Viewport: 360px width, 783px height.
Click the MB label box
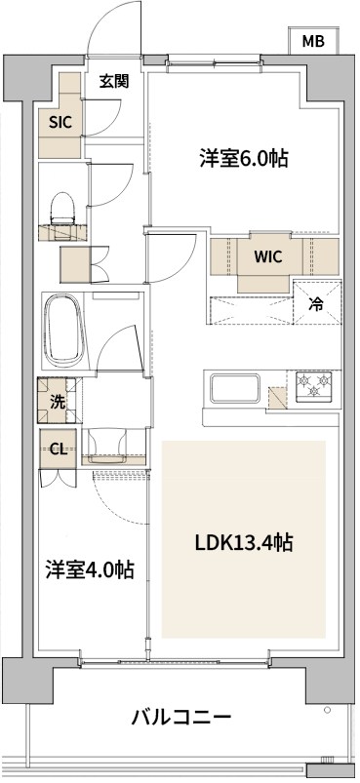click(x=313, y=41)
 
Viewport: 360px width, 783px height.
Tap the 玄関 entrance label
click(x=114, y=82)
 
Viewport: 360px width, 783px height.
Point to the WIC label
click(x=269, y=258)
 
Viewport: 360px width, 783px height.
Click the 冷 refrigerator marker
click(x=316, y=303)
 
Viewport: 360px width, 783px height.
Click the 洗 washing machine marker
click(x=58, y=400)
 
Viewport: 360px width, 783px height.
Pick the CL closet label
click(x=58, y=450)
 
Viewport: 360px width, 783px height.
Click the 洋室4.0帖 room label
click(x=90, y=569)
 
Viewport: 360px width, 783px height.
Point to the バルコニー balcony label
click(x=181, y=719)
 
